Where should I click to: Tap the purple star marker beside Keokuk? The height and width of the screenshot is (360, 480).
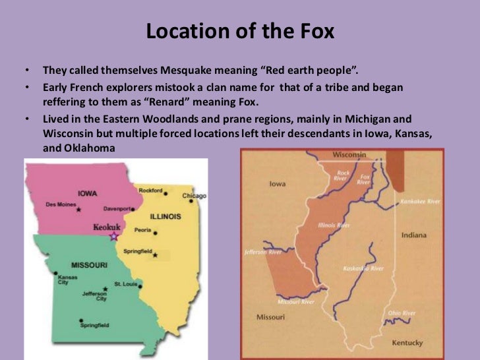click(x=114, y=235)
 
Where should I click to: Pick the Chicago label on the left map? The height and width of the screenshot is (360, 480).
click(x=195, y=195)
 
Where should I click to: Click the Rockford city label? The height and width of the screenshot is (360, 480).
click(x=150, y=191)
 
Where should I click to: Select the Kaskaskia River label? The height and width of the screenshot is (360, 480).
click(x=363, y=268)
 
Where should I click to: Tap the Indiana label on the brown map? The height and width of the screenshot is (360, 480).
click(x=413, y=235)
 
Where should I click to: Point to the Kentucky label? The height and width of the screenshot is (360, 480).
click(x=407, y=343)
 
